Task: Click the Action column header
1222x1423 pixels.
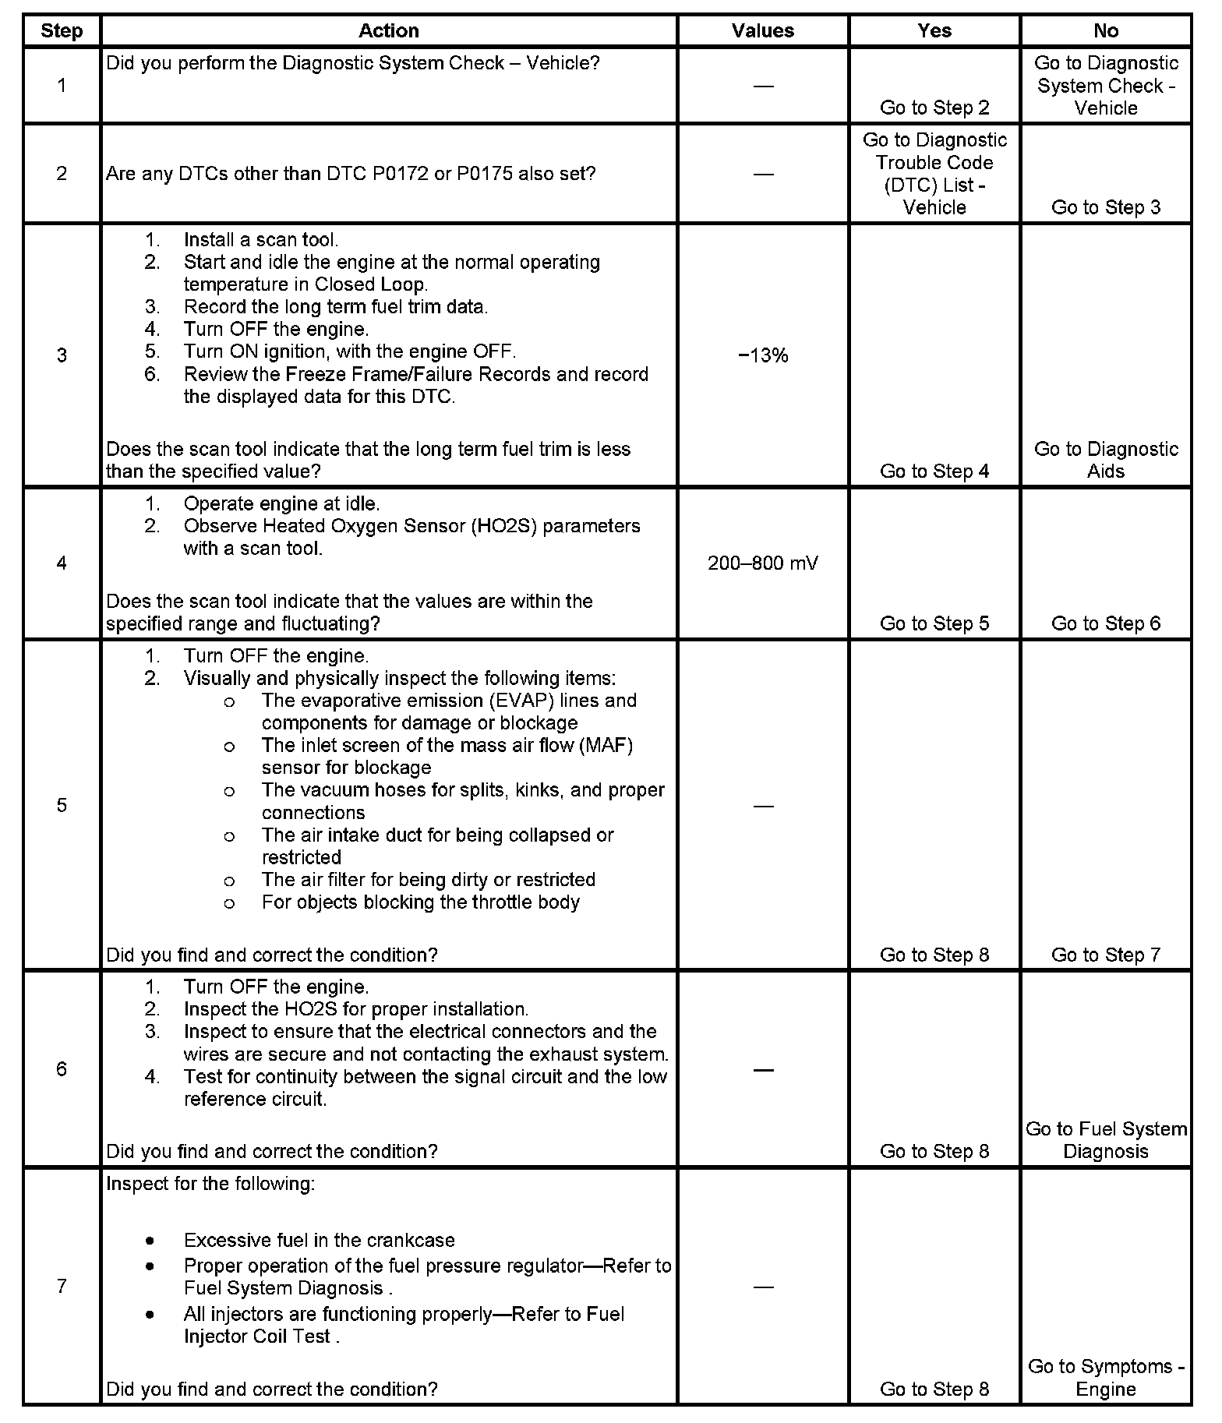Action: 388,30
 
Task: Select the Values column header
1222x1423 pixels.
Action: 762,30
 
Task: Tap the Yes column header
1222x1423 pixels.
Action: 934,30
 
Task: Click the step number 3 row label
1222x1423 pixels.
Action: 62,355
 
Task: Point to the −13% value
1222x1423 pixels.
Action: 762,355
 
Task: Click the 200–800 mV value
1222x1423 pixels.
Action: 762,563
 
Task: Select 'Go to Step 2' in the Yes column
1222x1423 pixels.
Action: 934,108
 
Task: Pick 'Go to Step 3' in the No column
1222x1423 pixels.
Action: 1105,207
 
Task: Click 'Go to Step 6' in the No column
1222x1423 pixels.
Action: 1105,623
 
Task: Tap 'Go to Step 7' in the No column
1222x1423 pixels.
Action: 1105,955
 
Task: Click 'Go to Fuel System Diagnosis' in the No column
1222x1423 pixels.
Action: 1105,1140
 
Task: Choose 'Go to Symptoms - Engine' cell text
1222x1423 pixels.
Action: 1105,1377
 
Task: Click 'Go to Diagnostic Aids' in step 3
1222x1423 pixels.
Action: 1105,460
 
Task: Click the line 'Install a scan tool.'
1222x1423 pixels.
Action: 260,239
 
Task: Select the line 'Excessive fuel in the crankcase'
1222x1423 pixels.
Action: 319,1240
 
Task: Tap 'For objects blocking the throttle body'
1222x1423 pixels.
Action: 420,902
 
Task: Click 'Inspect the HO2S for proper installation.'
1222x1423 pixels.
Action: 355,1009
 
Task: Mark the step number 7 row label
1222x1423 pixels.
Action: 62,1286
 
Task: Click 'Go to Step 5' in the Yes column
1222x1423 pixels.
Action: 934,623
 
